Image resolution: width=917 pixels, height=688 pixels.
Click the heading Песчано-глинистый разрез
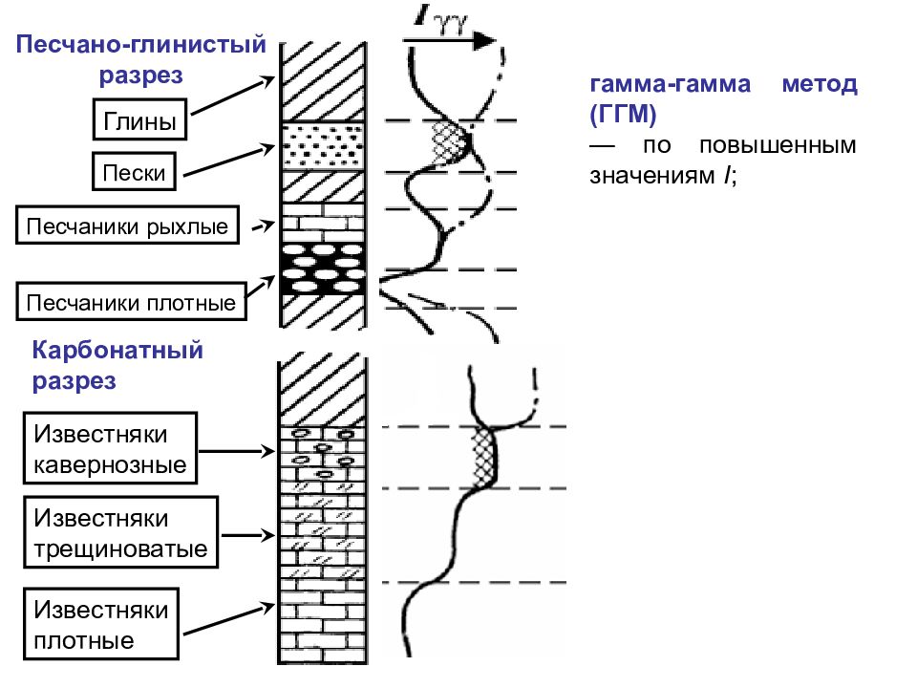point(141,59)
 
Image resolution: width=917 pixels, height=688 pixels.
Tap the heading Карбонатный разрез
point(117,365)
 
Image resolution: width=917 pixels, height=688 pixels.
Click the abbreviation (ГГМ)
point(623,114)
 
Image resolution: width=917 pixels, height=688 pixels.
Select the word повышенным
point(778,145)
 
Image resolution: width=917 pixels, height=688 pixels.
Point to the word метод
point(820,84)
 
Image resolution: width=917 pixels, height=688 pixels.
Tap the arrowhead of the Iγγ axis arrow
point(485,40)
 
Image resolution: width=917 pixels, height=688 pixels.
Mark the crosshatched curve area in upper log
point(450,142)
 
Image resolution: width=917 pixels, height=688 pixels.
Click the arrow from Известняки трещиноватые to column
point(248,535)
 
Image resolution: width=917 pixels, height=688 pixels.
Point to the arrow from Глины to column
point(233,96)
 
